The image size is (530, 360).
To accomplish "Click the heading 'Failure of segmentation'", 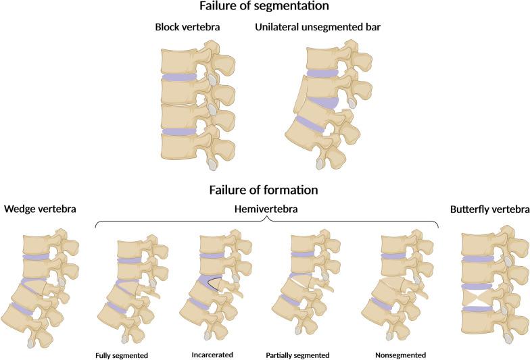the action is click(264, 6).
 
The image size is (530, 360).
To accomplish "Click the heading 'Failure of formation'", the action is click(264, 190).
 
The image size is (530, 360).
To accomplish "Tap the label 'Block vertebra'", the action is click(187, 27).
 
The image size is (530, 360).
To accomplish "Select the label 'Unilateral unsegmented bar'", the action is click(318, 27).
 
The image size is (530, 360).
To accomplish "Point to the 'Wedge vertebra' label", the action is click(40, 209).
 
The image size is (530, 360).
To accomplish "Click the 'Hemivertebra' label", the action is click(266, 209).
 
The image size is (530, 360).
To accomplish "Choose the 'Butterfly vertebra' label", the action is click(489, 209).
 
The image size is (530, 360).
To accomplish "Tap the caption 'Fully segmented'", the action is click(122, 355).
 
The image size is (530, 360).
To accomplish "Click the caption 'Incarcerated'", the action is click(212, 355).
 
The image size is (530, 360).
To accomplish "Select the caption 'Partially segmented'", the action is click(297, 355).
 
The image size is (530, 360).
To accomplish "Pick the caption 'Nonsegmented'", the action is click(400, 355).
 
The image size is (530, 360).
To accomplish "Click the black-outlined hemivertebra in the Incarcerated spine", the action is click(215, 284).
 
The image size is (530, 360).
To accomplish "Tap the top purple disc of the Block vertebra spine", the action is click(179, 77).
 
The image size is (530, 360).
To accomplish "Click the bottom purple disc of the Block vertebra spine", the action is click(179, 131).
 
